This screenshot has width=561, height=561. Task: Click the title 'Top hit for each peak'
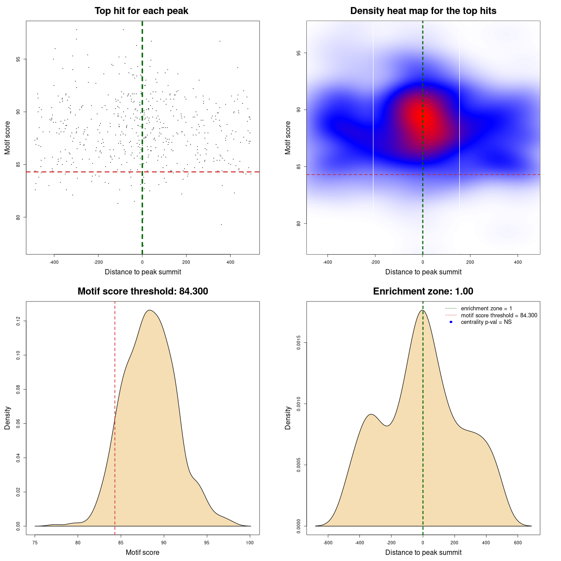pos(141,11)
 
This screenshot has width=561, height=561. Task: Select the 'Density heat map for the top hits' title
pos(423,11)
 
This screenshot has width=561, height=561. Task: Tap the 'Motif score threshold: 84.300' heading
pos(142,291)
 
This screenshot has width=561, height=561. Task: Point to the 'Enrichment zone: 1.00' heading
pos(423,291)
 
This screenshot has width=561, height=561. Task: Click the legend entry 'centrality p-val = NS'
pos(486,322)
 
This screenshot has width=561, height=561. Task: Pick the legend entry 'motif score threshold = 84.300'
pos(499,316)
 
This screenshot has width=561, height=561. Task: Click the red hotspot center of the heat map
pos(423,118)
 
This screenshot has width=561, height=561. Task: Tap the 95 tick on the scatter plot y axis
pos(18,59)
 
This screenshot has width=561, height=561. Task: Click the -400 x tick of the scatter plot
pos(54,262)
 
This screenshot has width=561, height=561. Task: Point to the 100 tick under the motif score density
pos(250,543)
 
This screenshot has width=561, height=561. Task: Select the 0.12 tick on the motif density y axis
pos(18,321)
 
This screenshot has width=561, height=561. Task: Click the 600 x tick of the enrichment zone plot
pos(518,543)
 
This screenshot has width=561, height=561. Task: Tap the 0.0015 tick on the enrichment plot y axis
pos(299,342)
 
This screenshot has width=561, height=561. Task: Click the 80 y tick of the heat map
pos(299,224)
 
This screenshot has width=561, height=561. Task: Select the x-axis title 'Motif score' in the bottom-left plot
pos(142,552)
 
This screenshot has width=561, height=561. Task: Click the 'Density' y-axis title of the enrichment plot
pos(288,418)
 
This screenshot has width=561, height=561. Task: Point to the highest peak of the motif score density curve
pos(150,310)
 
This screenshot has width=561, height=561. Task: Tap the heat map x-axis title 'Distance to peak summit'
pos(423,272)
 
